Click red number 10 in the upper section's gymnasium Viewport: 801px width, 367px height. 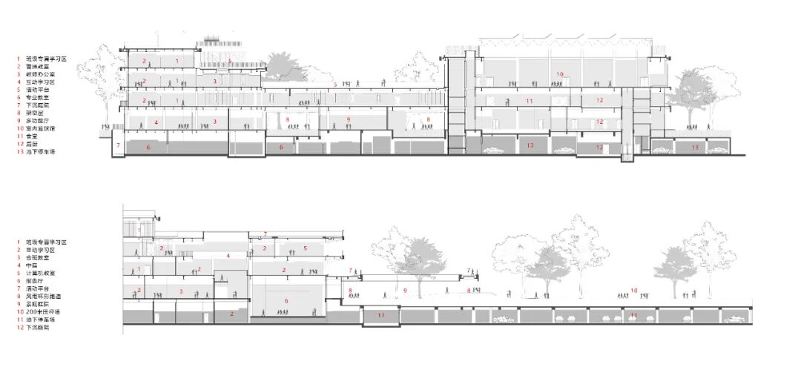click(560, 74)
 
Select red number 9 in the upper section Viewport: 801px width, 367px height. click(348, 119)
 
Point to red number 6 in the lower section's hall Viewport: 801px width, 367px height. click(286, 300)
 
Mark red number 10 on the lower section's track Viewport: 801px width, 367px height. click(633, 291)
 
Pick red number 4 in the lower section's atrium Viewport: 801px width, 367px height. click(228, 256)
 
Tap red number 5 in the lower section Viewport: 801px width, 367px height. click(305, 249)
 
